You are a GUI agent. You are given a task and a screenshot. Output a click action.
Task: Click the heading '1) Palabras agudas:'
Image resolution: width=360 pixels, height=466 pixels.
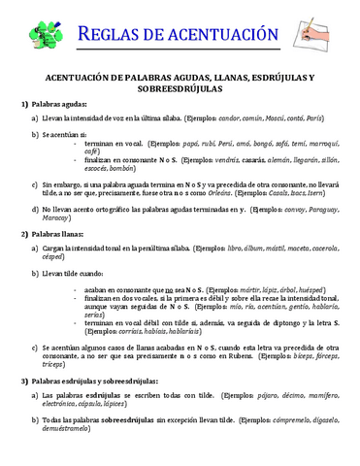click(x=54, y=103)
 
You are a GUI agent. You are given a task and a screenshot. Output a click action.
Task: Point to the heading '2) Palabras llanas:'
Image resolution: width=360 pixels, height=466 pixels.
click(x=53, y=234)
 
